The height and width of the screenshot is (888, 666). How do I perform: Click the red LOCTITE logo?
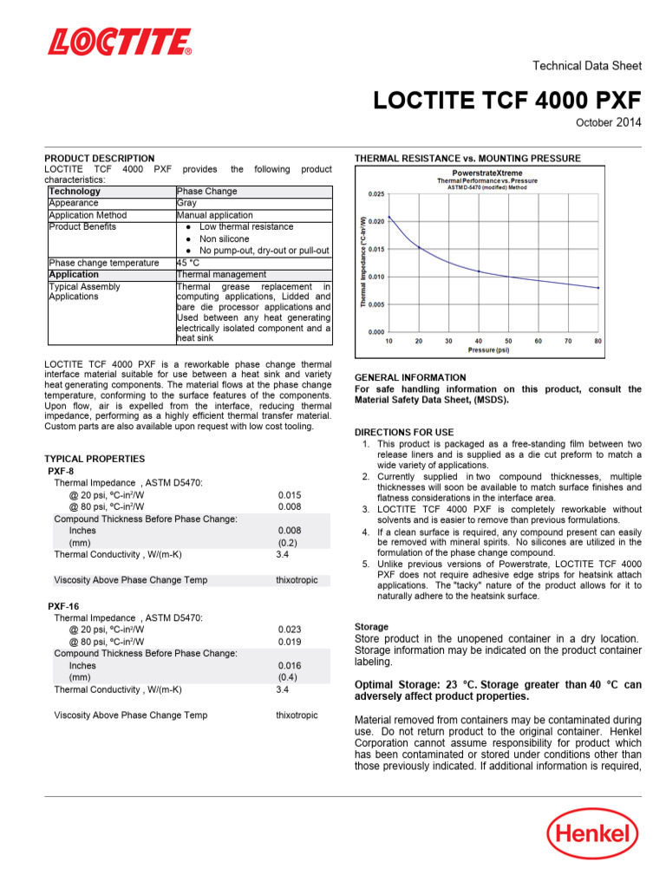[x=120, y=42]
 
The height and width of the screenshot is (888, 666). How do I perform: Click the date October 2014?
[x=609, y=123]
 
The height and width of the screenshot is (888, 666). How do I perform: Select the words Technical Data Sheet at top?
[x=586, y=66]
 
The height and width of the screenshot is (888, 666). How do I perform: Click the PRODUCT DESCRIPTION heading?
[x=100, y=159]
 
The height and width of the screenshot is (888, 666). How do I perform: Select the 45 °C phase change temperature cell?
[x=188, y=263]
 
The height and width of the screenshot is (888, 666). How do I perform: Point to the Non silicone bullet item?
[x=224, y=238]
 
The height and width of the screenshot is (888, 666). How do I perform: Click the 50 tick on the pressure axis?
[x=508, y=341]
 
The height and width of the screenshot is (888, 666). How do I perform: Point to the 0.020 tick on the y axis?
[x=376, y=222]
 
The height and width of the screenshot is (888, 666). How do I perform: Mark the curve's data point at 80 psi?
[x=598, y=287]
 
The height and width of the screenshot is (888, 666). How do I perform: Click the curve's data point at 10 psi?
[x=389, y=218]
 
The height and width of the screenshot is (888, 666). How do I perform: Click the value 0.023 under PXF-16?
[x=290, y=630]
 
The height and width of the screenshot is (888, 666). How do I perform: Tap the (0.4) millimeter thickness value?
[x=289, y=677]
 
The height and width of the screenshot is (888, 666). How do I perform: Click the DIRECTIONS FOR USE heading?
[x=404, y=432]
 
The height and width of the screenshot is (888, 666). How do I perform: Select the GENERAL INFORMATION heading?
[x=410, y=377]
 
